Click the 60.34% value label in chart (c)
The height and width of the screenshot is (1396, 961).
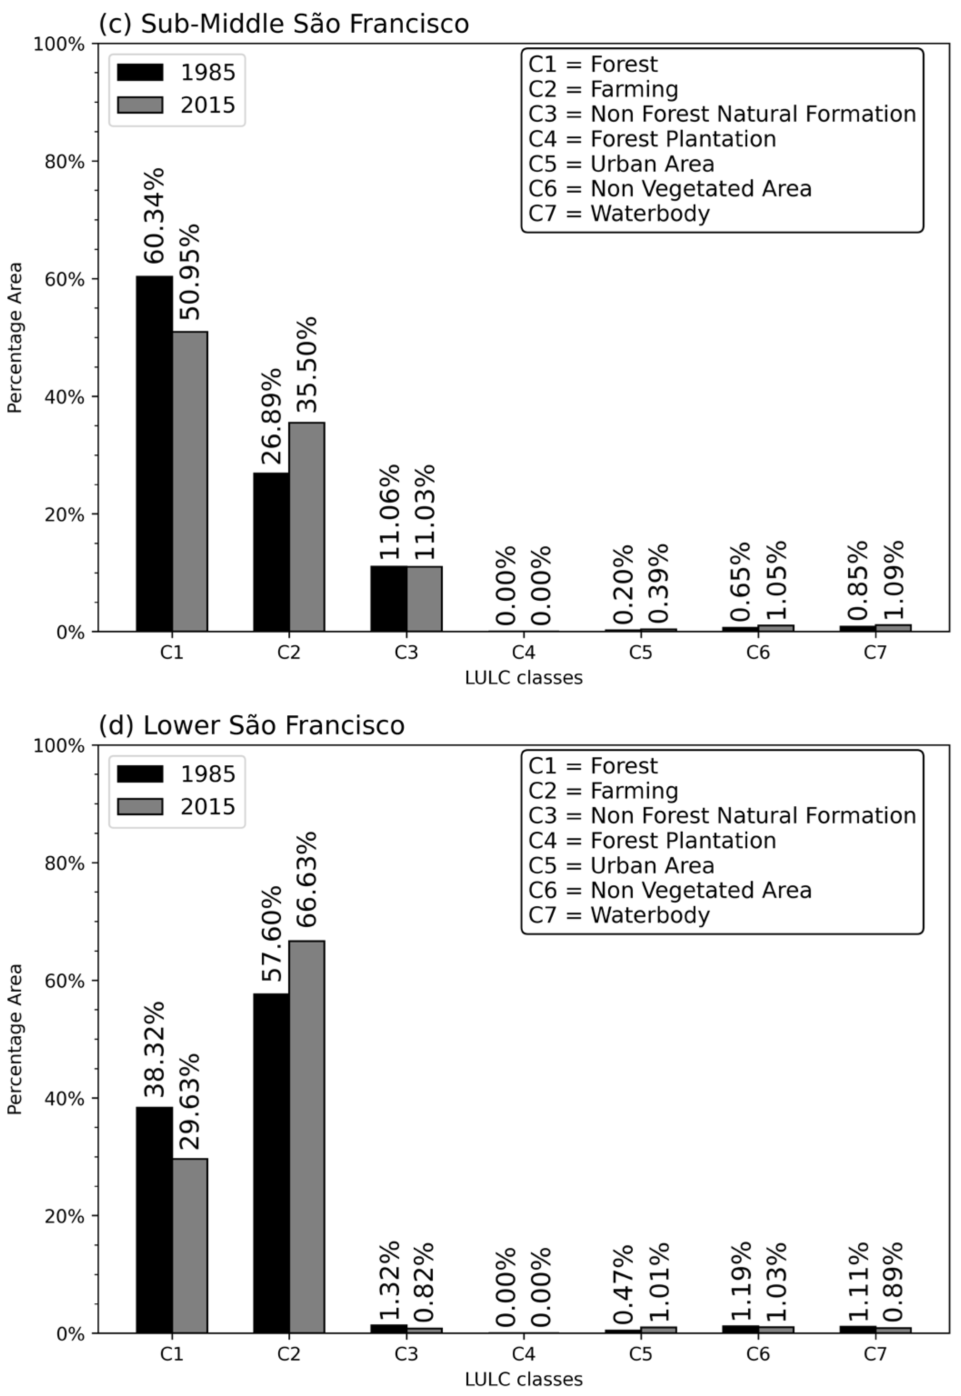[x=154, y=216]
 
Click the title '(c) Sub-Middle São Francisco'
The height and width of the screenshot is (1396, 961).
[x=284, y=24]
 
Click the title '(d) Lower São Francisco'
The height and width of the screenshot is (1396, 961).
[x=252, y=725]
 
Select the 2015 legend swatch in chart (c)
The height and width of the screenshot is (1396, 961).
[x=140, y=105]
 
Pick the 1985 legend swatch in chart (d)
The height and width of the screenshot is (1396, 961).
[x=140, y=773]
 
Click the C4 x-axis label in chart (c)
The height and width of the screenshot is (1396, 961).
[x=523, y=652]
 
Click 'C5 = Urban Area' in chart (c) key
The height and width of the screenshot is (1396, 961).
[x=621, y=164]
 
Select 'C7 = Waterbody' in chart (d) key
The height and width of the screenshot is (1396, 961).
[x=619, y=915]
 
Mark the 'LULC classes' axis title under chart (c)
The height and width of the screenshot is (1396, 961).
[x=523, y=678]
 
